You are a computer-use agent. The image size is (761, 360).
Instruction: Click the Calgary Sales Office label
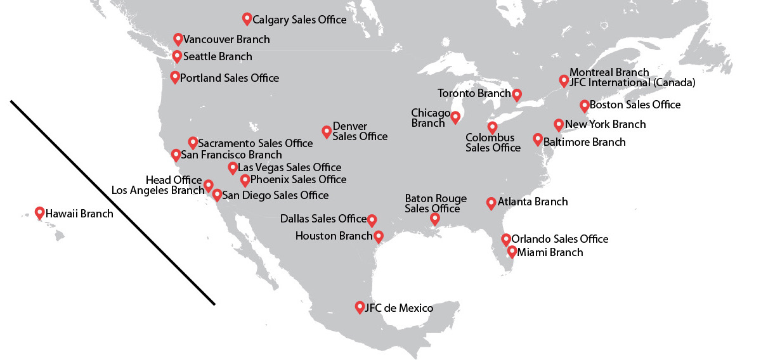pos(299,20)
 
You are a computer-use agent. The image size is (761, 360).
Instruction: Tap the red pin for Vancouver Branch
pos(178,39)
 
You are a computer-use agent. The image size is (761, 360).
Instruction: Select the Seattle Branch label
pos(218,56)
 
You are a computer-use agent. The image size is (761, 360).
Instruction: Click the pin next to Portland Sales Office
pos(175,77)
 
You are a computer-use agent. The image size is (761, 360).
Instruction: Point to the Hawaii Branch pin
pos(39,213)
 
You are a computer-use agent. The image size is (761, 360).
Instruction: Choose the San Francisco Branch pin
pos(176,154)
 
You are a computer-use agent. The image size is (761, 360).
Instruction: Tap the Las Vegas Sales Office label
pos(289,168)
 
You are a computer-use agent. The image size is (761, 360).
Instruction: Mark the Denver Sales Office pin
pos(327,131)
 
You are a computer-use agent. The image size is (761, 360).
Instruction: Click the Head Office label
pos(173,181)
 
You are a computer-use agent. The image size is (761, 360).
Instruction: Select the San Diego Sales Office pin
pos(217,195)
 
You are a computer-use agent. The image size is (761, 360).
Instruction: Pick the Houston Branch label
pos(334,236)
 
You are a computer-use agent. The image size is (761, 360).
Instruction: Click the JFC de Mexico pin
pos(360,307)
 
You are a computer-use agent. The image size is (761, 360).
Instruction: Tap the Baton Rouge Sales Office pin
pos(434,219)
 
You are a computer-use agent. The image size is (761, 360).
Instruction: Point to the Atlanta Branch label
pos(533,202)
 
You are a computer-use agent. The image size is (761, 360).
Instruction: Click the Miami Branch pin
pos(512,252)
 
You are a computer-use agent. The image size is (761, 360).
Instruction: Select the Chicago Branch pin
pos(455,117)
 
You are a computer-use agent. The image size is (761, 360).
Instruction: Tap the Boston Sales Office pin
pos(584,105)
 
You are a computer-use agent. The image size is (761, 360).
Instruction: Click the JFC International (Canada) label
pos(632,82)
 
